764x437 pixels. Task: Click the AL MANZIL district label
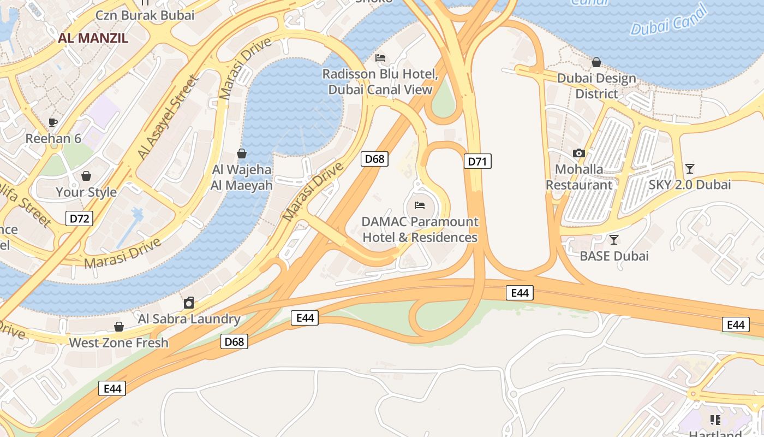tap(93, 38)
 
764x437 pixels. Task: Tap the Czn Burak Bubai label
tap(145, 15)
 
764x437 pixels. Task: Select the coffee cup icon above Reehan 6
tap(53, 122)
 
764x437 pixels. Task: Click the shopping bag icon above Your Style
tap(86, 176)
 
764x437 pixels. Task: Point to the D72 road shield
tap(80, 219)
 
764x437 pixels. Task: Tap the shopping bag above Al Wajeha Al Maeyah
tap(242, 153)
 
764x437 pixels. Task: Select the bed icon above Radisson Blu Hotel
tap(380, 58)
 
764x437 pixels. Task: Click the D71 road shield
tap(477, 161)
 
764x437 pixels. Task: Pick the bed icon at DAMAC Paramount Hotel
tap(420, 205)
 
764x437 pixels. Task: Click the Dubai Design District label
tap(596, 86)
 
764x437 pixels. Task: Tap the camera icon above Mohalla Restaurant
tap(579, 153)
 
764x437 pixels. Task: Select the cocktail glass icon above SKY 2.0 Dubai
tap(690, 168)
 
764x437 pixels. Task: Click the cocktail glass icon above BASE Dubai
tap(614, 239)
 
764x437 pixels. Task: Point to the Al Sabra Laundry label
tap(189, 318)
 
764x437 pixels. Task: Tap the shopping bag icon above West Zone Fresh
tap(119, 327)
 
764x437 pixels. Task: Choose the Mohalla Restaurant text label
tap(579, 177)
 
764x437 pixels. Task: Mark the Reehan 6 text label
tap(53, 139)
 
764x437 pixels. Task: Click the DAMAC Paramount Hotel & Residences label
tap(420, 229)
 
